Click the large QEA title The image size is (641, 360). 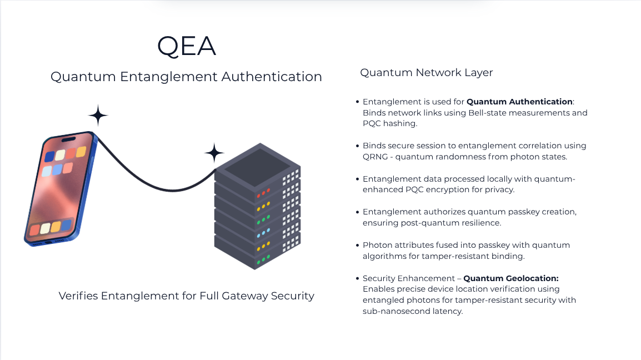tap(186, 46)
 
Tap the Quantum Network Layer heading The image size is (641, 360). tap(426, 73)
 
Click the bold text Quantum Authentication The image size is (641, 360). tap(519, 102)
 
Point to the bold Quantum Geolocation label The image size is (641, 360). tap(510, 278)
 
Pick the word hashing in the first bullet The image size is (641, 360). tap(400, 124)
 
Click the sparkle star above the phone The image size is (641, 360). tap(98, 115)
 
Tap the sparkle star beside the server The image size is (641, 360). tap(214, 153)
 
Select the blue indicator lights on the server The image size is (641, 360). tap(263, 231)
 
